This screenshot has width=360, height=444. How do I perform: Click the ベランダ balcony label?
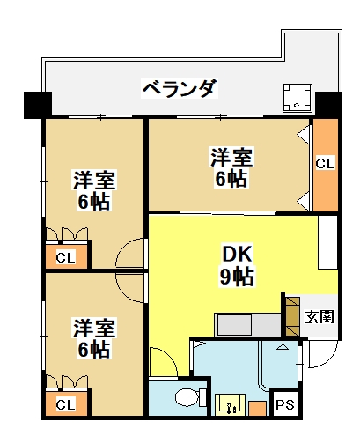(180, 88)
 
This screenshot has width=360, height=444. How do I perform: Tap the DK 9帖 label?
(237, 266)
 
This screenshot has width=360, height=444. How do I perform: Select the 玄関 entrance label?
(319, 317)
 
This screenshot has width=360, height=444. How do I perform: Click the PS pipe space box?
(285, 405)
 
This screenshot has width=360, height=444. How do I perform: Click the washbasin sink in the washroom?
(231, 404)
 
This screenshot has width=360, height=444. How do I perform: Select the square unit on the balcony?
(298, 98)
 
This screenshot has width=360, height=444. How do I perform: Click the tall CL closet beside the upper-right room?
(325, 165)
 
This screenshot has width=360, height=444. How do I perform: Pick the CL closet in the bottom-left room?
(66, 403)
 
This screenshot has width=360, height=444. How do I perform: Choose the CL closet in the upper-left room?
(66, 256)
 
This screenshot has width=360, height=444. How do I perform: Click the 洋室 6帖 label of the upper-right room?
(231, 168)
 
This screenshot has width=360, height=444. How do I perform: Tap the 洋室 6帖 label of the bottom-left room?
(94, 337)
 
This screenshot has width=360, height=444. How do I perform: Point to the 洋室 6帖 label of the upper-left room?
(94, 189)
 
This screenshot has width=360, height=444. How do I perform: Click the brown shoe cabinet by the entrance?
(292, 316)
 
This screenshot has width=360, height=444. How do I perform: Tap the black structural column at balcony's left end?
(38, 105)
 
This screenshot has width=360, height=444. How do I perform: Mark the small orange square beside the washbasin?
(257, 408)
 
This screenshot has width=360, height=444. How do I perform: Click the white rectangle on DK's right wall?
(327, 242)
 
